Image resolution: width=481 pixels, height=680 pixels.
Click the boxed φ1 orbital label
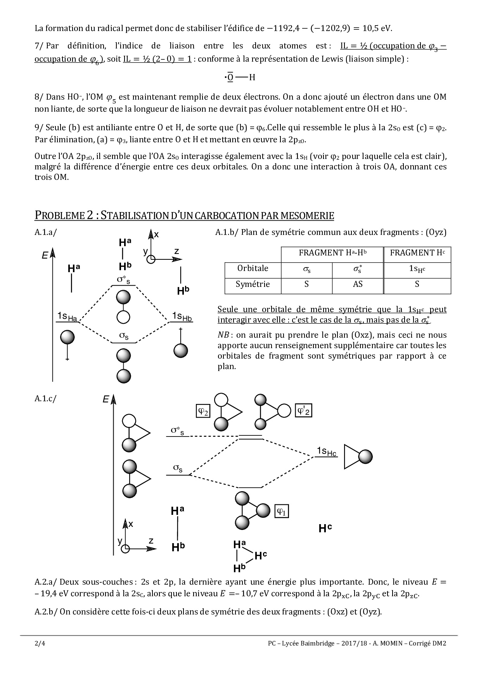[x=282, y=511]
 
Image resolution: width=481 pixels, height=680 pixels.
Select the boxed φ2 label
[x=203, y=411]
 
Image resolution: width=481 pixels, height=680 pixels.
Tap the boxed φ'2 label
[x=304, y=411]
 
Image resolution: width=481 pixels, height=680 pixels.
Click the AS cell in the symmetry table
[x=358, y=284]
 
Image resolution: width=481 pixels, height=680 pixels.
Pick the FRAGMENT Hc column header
[x=417, y=253]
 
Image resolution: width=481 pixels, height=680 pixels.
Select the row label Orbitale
[x=253, y=268]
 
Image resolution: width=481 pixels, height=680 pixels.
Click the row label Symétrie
[x=253, y=284]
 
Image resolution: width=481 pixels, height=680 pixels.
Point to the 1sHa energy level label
[x=67, y=317]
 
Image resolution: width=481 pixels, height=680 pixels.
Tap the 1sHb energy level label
[x=182, y=317]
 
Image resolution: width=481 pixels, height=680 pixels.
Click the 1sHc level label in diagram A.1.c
[x=327, y=451]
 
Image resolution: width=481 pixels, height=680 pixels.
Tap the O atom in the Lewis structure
[x=230, y=77]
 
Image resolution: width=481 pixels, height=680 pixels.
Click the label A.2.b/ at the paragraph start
[x=46, y=612]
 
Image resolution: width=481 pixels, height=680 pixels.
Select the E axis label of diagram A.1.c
[x=106, y=399]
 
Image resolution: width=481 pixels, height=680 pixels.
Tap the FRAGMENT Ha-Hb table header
[x=332, y=253]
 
